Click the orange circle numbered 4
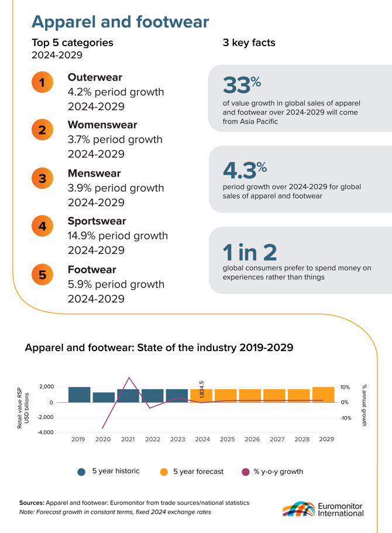pos(42,226)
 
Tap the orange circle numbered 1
pos(42,82)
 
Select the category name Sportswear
pos(97,221)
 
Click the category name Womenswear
pos(102,124)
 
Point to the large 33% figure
pos(242,84)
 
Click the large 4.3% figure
pos(245,170)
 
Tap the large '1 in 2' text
pos(250,252)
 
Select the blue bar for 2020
pos(104,397)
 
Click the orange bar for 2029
pos(324,394)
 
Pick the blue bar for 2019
pos(80,394)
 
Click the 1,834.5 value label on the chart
pos(201,390)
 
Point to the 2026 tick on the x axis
pos(252,439)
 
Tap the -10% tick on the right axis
pos(346,418)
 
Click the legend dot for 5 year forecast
pos(164,472)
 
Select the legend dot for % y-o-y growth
pos(245,472)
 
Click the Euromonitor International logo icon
pos(299,509)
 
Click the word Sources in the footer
pos(32,503)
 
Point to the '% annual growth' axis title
pos(365,405)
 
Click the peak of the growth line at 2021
pos(129,378)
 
